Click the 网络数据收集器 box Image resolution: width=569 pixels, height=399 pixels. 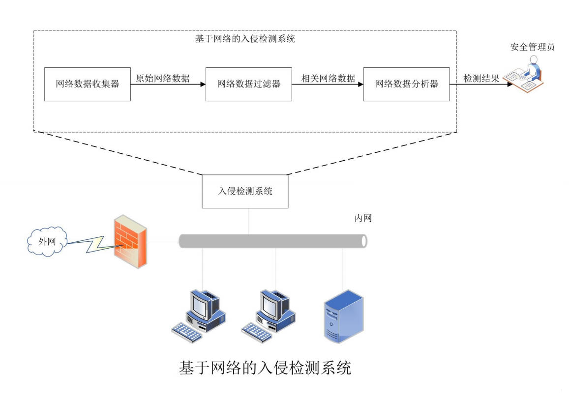[88, 84]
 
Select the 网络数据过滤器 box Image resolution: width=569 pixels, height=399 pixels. [248, 84]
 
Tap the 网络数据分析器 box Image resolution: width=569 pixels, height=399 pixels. [406, 84]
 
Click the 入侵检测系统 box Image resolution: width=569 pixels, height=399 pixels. [245, 191]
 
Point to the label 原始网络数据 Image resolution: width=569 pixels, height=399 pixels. [163, 78]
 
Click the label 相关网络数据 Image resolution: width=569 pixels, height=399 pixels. [328, 78]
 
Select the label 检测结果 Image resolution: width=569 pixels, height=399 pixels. [481, 78]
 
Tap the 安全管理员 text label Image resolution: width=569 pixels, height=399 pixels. [532, 47]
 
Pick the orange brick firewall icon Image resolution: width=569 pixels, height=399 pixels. [129, 241]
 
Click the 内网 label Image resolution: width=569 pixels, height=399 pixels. [363, 219]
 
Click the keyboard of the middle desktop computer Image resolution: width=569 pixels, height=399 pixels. [257, 332]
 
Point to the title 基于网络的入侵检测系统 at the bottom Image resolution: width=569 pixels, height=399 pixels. [265, 368]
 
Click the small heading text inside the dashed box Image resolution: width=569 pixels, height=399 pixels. [245, 39]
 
